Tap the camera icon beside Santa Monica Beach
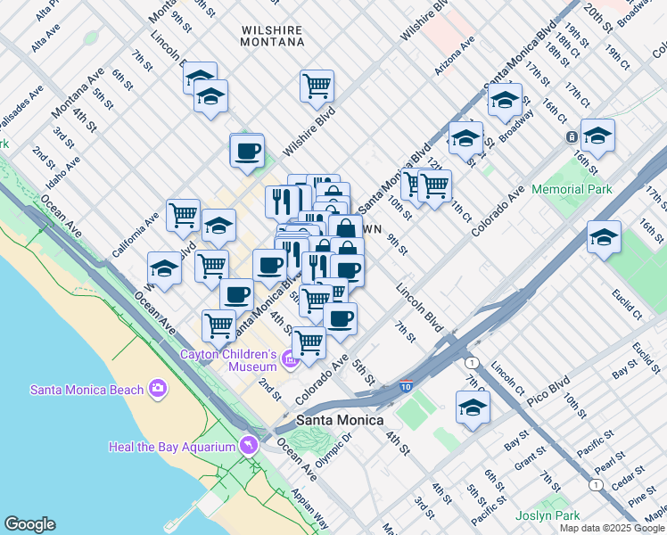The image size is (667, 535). pos(158,387)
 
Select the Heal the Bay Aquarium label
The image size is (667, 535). pos(172,447)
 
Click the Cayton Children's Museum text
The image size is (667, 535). pos(229,360)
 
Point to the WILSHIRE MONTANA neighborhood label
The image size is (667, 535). pos(272,36)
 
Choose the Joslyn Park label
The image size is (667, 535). pos(548,515)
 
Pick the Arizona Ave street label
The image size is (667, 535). pos(455,55)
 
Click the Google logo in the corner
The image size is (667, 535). pos(29,524)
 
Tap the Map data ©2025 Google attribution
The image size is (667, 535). pos(612,528)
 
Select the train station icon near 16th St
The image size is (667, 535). pos(571,137)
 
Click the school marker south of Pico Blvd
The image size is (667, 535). pos(473,408)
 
